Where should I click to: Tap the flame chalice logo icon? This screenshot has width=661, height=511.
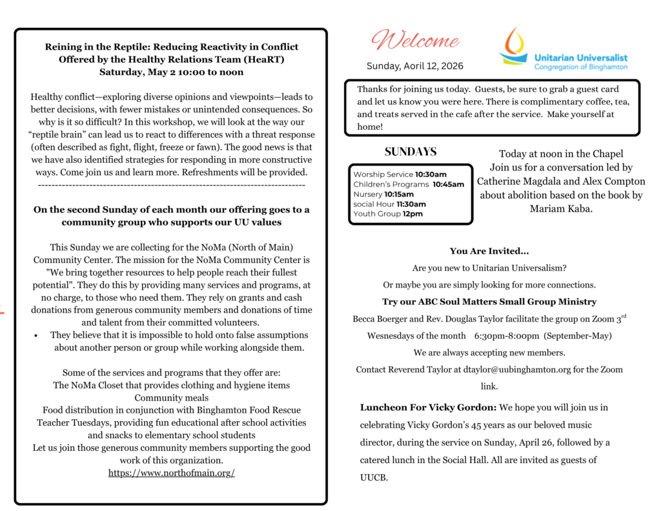click(514, 45)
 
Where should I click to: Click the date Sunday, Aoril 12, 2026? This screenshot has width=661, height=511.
click(414, 66)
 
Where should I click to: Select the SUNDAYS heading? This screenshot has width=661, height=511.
click(411, 152)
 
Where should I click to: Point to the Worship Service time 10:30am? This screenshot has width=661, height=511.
click(431, 174)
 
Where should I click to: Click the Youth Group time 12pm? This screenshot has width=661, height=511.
click(412, 214)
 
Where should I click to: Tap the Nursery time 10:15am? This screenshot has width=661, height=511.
click(399, 194)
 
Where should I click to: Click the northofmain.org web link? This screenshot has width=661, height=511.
click(171, 472)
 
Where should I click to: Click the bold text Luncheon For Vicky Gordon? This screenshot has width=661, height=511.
click(428, 408)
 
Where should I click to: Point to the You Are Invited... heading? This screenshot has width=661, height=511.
click(489, 251)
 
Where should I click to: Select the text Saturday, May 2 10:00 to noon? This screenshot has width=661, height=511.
click(171, 72)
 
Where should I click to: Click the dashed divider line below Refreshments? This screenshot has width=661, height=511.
click(171, 185)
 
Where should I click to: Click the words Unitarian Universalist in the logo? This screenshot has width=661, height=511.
click(580, 57)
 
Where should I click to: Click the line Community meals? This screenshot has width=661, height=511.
click(171, 397)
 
